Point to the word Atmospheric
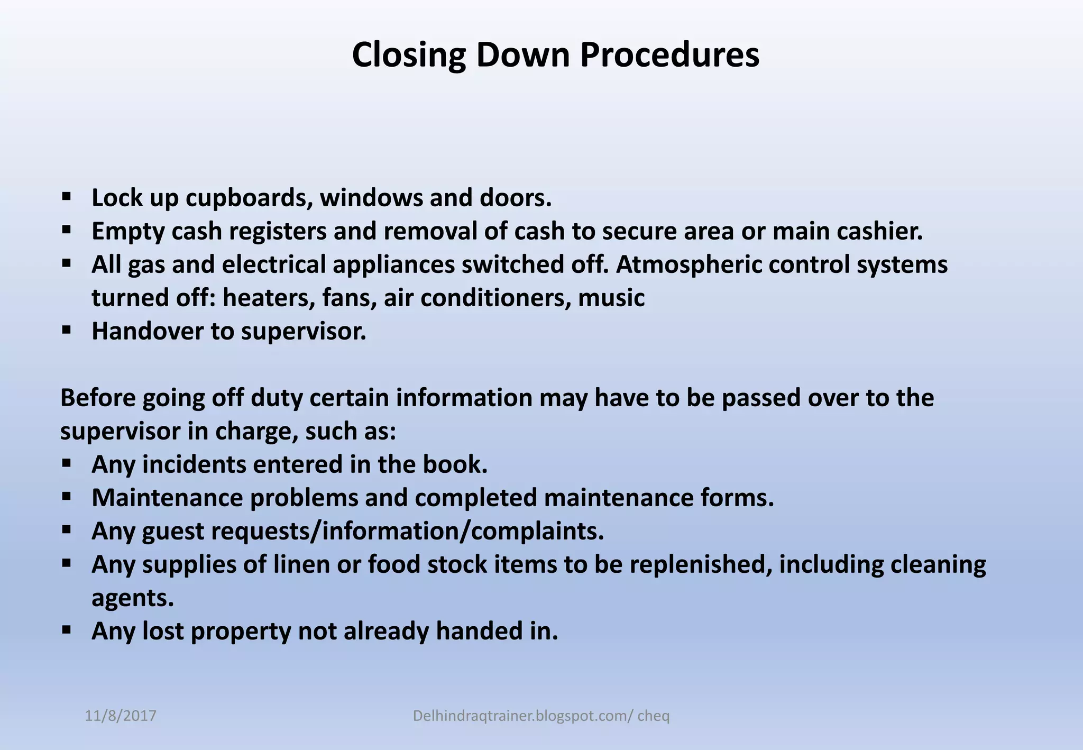coord(688,264)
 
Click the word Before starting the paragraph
coord(98,398)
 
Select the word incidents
coord(194,464)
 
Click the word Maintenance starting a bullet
coord(167,498)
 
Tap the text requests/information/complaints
coord(407,531)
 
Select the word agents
coord(132,598)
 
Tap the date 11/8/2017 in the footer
coord(121,716)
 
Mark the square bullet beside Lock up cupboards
coord(66,197)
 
